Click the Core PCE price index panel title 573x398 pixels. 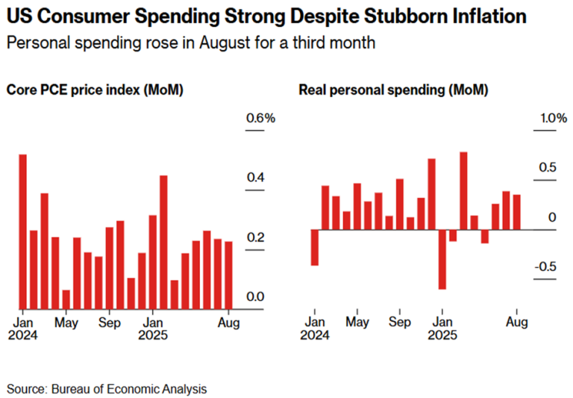coord(95,90)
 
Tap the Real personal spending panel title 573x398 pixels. coord(393,90)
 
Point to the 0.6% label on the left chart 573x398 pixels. coord(260,118)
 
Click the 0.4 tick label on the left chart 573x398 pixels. coord(256,177)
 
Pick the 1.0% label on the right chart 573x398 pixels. coord(554,118)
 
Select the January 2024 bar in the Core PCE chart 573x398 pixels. coord(23,231)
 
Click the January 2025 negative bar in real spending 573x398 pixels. coord(442,259)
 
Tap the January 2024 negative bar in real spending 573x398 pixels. coord(315,247)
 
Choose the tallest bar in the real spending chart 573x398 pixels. coord(463,190)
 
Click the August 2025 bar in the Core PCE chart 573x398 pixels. coord(228,274)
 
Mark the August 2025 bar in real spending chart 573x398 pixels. coord(516,212)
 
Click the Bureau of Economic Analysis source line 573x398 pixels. coord(107,389)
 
